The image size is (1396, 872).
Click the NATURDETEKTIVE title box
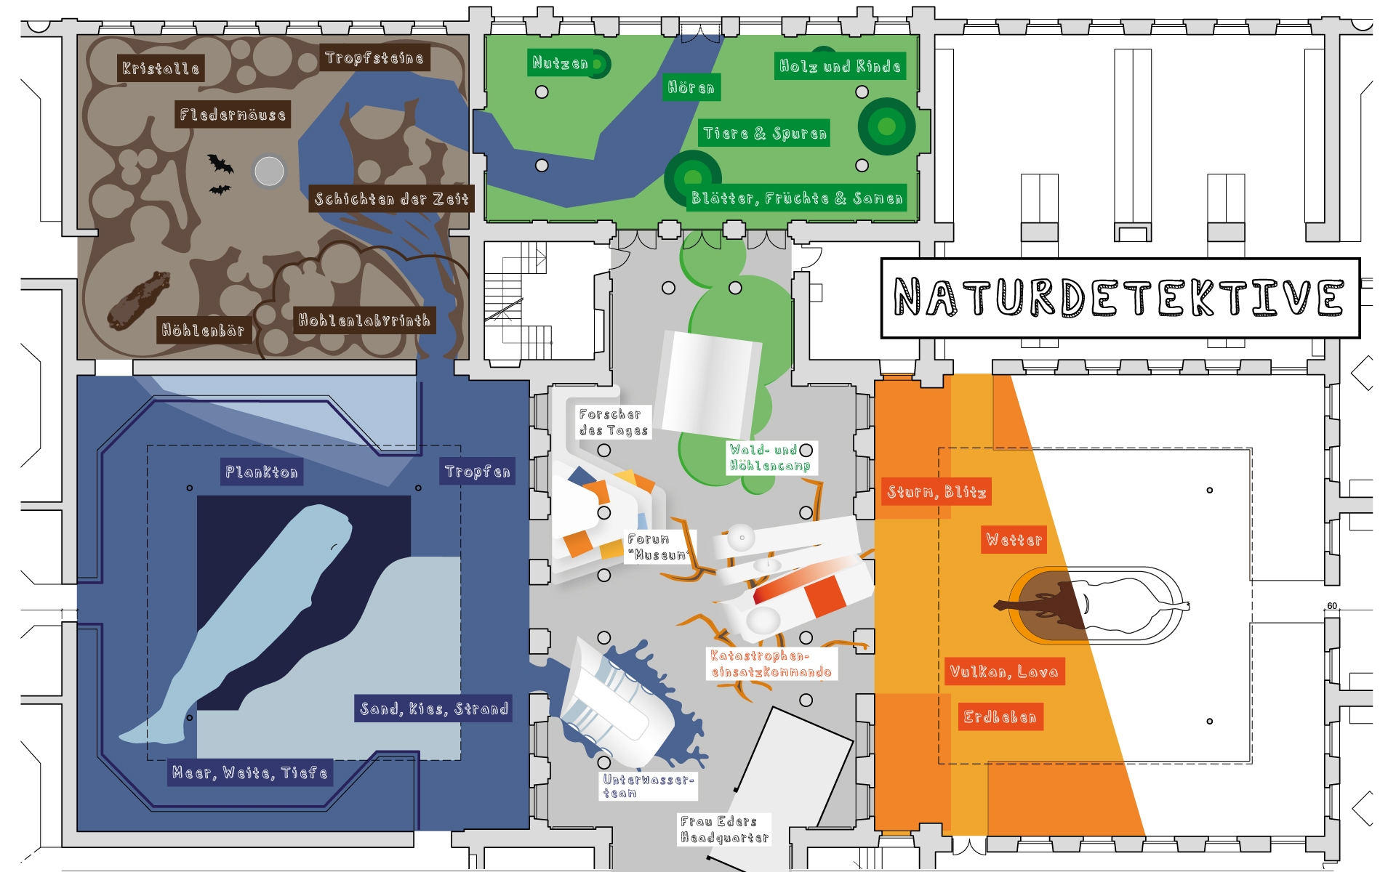1120,298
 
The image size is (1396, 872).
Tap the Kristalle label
160,68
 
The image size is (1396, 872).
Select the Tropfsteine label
374,57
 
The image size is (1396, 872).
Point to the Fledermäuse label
233,114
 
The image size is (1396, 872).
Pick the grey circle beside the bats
269,171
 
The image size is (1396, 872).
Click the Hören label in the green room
691,88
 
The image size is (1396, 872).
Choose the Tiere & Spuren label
764,133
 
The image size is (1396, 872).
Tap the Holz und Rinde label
840,66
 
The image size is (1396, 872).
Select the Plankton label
262,472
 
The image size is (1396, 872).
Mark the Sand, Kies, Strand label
434,708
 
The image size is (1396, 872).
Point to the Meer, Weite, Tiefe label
250,772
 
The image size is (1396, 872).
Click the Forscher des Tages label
613,422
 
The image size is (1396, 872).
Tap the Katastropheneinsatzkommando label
771,664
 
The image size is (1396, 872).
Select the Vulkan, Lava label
1004,671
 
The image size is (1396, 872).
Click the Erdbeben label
1000,717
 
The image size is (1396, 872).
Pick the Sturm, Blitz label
936,492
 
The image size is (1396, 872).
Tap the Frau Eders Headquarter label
724,829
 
